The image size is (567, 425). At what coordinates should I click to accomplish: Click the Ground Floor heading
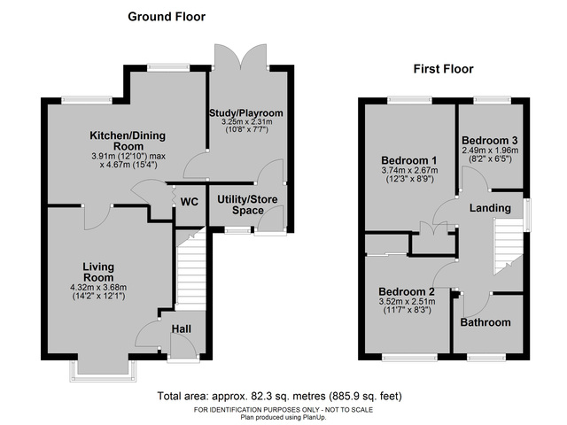click(167, 16)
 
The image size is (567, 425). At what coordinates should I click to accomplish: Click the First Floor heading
click(443, 68)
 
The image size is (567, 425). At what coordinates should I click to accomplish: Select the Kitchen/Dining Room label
click(129, 141)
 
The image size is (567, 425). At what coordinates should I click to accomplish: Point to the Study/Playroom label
click(245, 113)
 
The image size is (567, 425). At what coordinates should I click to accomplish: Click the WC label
click(189, 202)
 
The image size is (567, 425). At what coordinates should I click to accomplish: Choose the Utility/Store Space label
click(247, 205)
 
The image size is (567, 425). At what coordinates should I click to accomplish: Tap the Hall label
click(180, 329)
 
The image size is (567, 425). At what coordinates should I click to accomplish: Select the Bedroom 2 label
click(406, 292)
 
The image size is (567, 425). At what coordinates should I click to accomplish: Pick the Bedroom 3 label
click(490, 141)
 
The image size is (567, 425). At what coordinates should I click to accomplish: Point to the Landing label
click(490, 208)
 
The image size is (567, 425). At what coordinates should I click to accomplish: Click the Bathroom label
click(485, 322)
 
